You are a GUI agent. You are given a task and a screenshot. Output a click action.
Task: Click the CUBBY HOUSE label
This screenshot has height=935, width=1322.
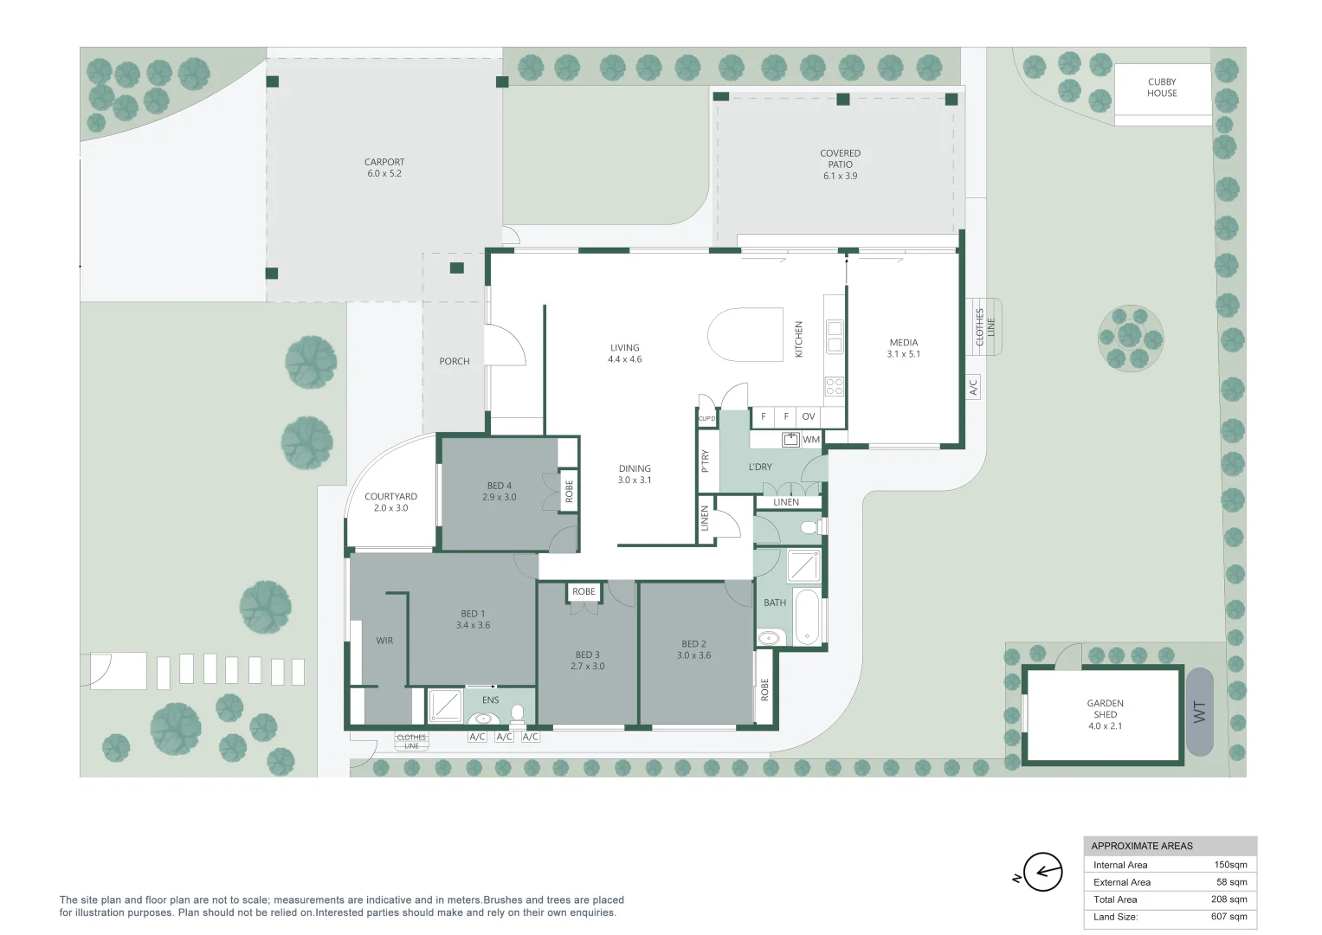(x=1162, y=87)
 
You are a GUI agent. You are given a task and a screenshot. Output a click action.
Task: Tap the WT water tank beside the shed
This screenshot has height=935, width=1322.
(x=1199, y=712)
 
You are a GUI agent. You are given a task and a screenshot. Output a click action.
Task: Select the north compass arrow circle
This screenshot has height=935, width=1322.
(x=1043, y=871)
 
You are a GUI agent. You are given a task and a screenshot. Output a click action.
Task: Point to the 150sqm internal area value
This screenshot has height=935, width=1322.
(x=1230, y=865)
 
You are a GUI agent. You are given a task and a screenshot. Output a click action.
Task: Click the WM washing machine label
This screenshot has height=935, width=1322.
(x=811, y=440)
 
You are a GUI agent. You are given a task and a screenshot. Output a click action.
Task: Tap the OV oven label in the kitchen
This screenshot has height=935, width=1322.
(x=809, y=416)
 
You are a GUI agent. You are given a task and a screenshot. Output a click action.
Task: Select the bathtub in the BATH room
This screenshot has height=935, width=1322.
(x=808, y=617)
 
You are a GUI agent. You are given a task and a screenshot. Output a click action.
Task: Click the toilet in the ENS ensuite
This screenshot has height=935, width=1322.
(x=517, y=714)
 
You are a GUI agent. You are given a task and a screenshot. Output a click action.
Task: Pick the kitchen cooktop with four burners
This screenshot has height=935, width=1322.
(x=835, y=387)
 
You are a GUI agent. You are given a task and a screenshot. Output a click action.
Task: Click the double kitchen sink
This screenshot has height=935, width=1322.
(x=835, y=337)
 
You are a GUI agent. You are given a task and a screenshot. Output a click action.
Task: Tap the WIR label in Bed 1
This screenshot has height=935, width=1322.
(x=384, y=641)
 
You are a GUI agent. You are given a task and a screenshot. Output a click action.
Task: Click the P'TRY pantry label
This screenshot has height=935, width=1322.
(x=705, y=461)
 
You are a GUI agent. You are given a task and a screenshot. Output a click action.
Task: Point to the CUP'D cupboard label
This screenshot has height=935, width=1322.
(x=707, y=418)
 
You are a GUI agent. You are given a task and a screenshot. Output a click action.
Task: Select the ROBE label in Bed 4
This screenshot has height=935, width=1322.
(x=569, y=491)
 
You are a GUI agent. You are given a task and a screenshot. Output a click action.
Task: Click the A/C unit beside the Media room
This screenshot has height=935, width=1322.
(x=973, y=387)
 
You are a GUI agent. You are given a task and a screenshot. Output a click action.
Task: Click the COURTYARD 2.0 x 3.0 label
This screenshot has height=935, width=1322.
(x=390, y=502)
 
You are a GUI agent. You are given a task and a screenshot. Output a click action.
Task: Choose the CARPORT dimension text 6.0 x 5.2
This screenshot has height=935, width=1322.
(x=384, y=173)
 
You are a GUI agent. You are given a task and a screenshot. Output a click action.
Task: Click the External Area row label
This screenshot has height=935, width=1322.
(x=1122, y=882)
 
